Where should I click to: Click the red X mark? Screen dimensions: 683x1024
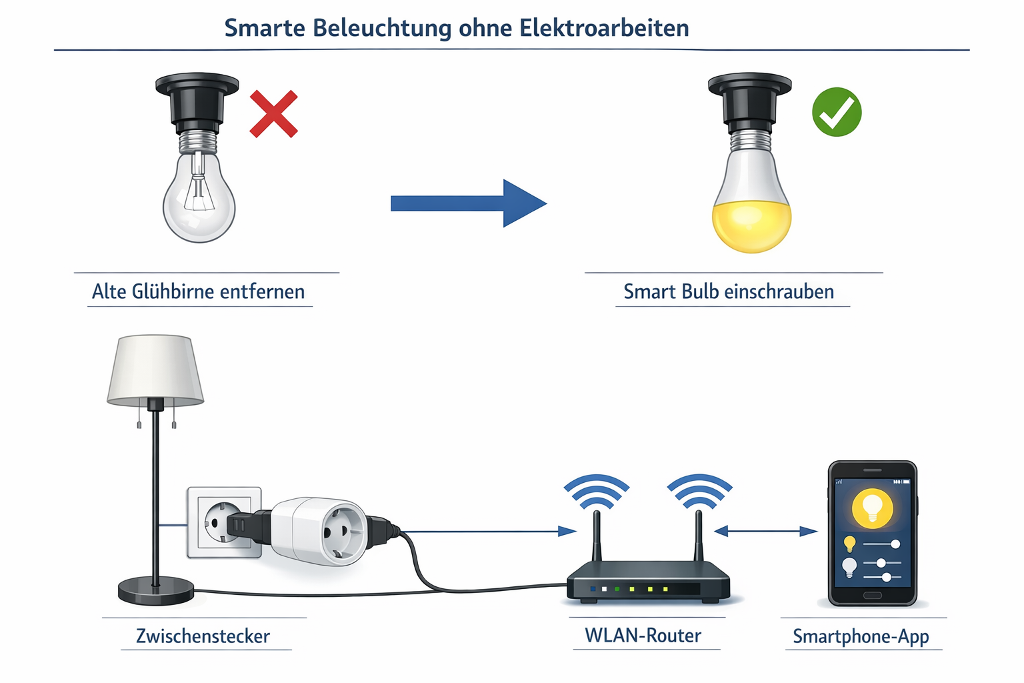[x=273, y=115]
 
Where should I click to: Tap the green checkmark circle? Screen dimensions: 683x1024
[x=837, y=112]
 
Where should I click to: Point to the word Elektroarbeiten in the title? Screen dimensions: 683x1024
[x=604, y=28]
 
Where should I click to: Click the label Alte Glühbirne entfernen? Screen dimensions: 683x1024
[x=198, y=291]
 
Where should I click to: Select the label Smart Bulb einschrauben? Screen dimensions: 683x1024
[x=729, y=291]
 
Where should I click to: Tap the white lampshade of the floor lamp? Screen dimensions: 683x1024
[x=155, y=368]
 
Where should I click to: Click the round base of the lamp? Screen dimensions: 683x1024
[x=156, y=591]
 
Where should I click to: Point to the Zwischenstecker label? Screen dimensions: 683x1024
[x=203, y=636]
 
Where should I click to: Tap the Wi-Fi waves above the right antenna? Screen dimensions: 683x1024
[x=699, y=490]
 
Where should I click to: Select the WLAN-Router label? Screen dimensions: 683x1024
[x=643, y=635]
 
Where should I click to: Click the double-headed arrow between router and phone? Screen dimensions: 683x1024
[x=765, y=532]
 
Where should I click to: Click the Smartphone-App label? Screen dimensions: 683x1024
[x=861, y=636]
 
